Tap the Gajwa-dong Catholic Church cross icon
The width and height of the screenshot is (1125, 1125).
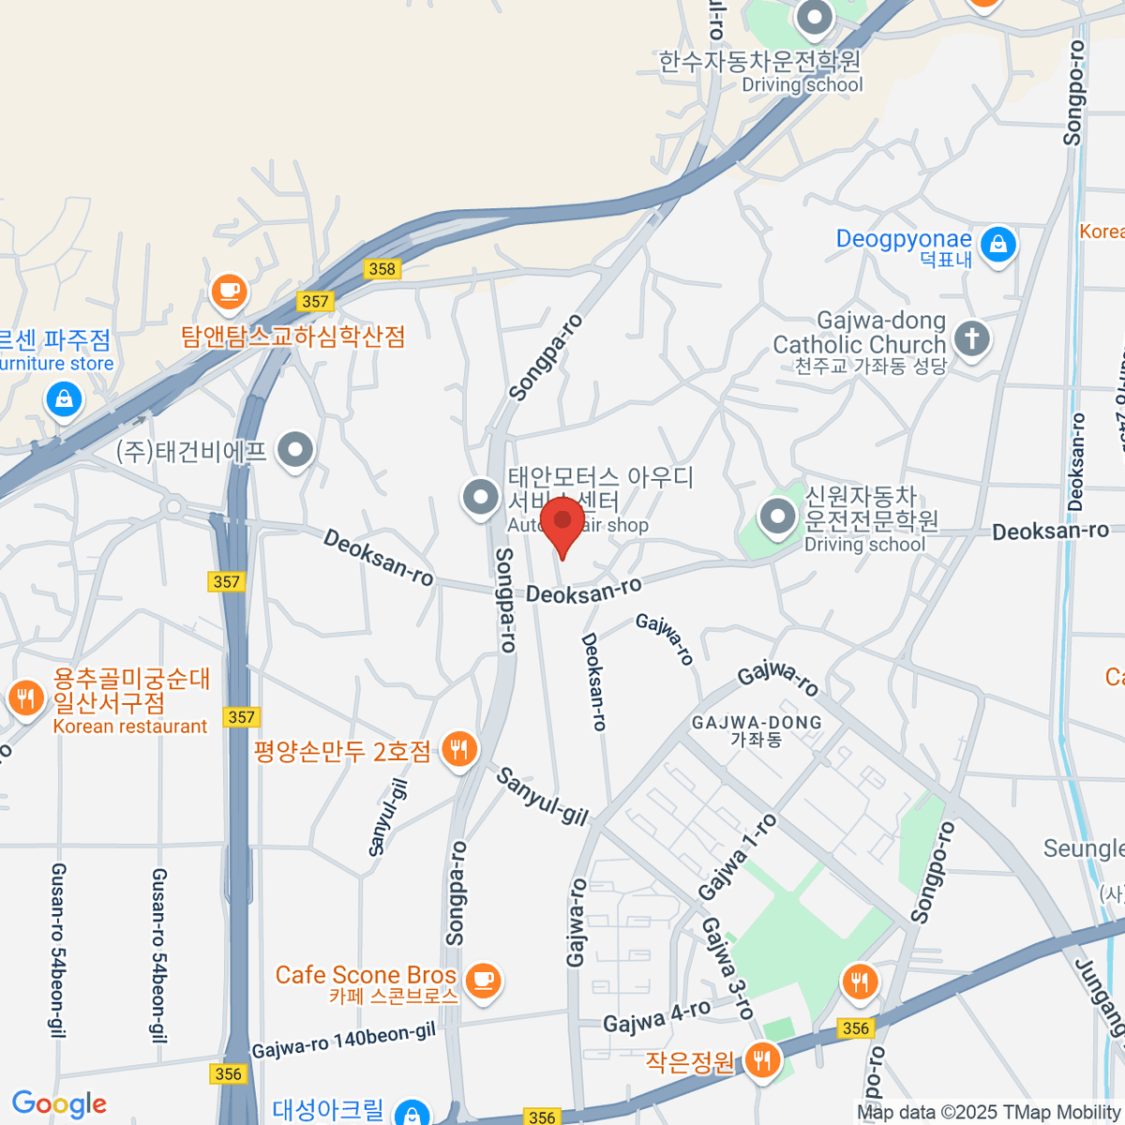pos(972,337)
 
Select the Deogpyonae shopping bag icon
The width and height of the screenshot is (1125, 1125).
pos(998,246)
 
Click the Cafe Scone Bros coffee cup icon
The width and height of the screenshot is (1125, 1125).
pos(484,981)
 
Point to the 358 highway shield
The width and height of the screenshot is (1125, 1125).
pos(382,269)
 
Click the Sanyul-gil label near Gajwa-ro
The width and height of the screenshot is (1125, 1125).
pos(542,797)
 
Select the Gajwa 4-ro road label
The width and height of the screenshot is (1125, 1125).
pos(656,1016)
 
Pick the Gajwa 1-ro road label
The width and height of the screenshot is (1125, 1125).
pos(738,856)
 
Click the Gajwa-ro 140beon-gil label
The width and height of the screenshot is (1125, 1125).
pos(344,1041)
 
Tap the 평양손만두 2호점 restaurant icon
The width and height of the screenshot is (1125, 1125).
pos(458,749)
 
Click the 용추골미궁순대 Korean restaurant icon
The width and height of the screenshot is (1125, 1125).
pos(25,698)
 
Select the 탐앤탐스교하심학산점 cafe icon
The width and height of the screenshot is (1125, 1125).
pos(229,291)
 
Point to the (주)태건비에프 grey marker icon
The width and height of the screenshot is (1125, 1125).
pos(296,450)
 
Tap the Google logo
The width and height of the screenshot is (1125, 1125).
pos(59,1104)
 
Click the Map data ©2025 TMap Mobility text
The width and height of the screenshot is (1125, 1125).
pos(989,1113)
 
